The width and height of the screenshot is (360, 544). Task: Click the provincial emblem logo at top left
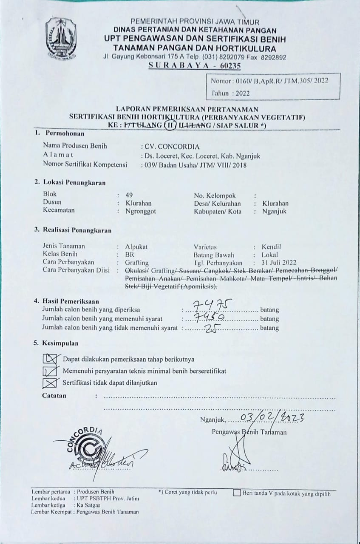coord(61,38)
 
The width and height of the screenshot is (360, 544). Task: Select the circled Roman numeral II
coord(170,125)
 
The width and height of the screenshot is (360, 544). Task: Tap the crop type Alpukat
coord(136,246)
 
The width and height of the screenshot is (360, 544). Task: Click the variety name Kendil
coord(272,246)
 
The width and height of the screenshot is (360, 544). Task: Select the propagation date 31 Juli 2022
coord(279,263)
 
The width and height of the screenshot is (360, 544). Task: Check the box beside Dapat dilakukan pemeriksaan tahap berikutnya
coord(50,359)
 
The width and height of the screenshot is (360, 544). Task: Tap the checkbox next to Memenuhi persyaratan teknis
coord(50,371)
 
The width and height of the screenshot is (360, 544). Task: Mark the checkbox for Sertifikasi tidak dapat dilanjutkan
coord(50,383)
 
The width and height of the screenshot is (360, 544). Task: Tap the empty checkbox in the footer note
coord(237,493)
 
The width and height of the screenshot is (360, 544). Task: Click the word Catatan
coord(54,396)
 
